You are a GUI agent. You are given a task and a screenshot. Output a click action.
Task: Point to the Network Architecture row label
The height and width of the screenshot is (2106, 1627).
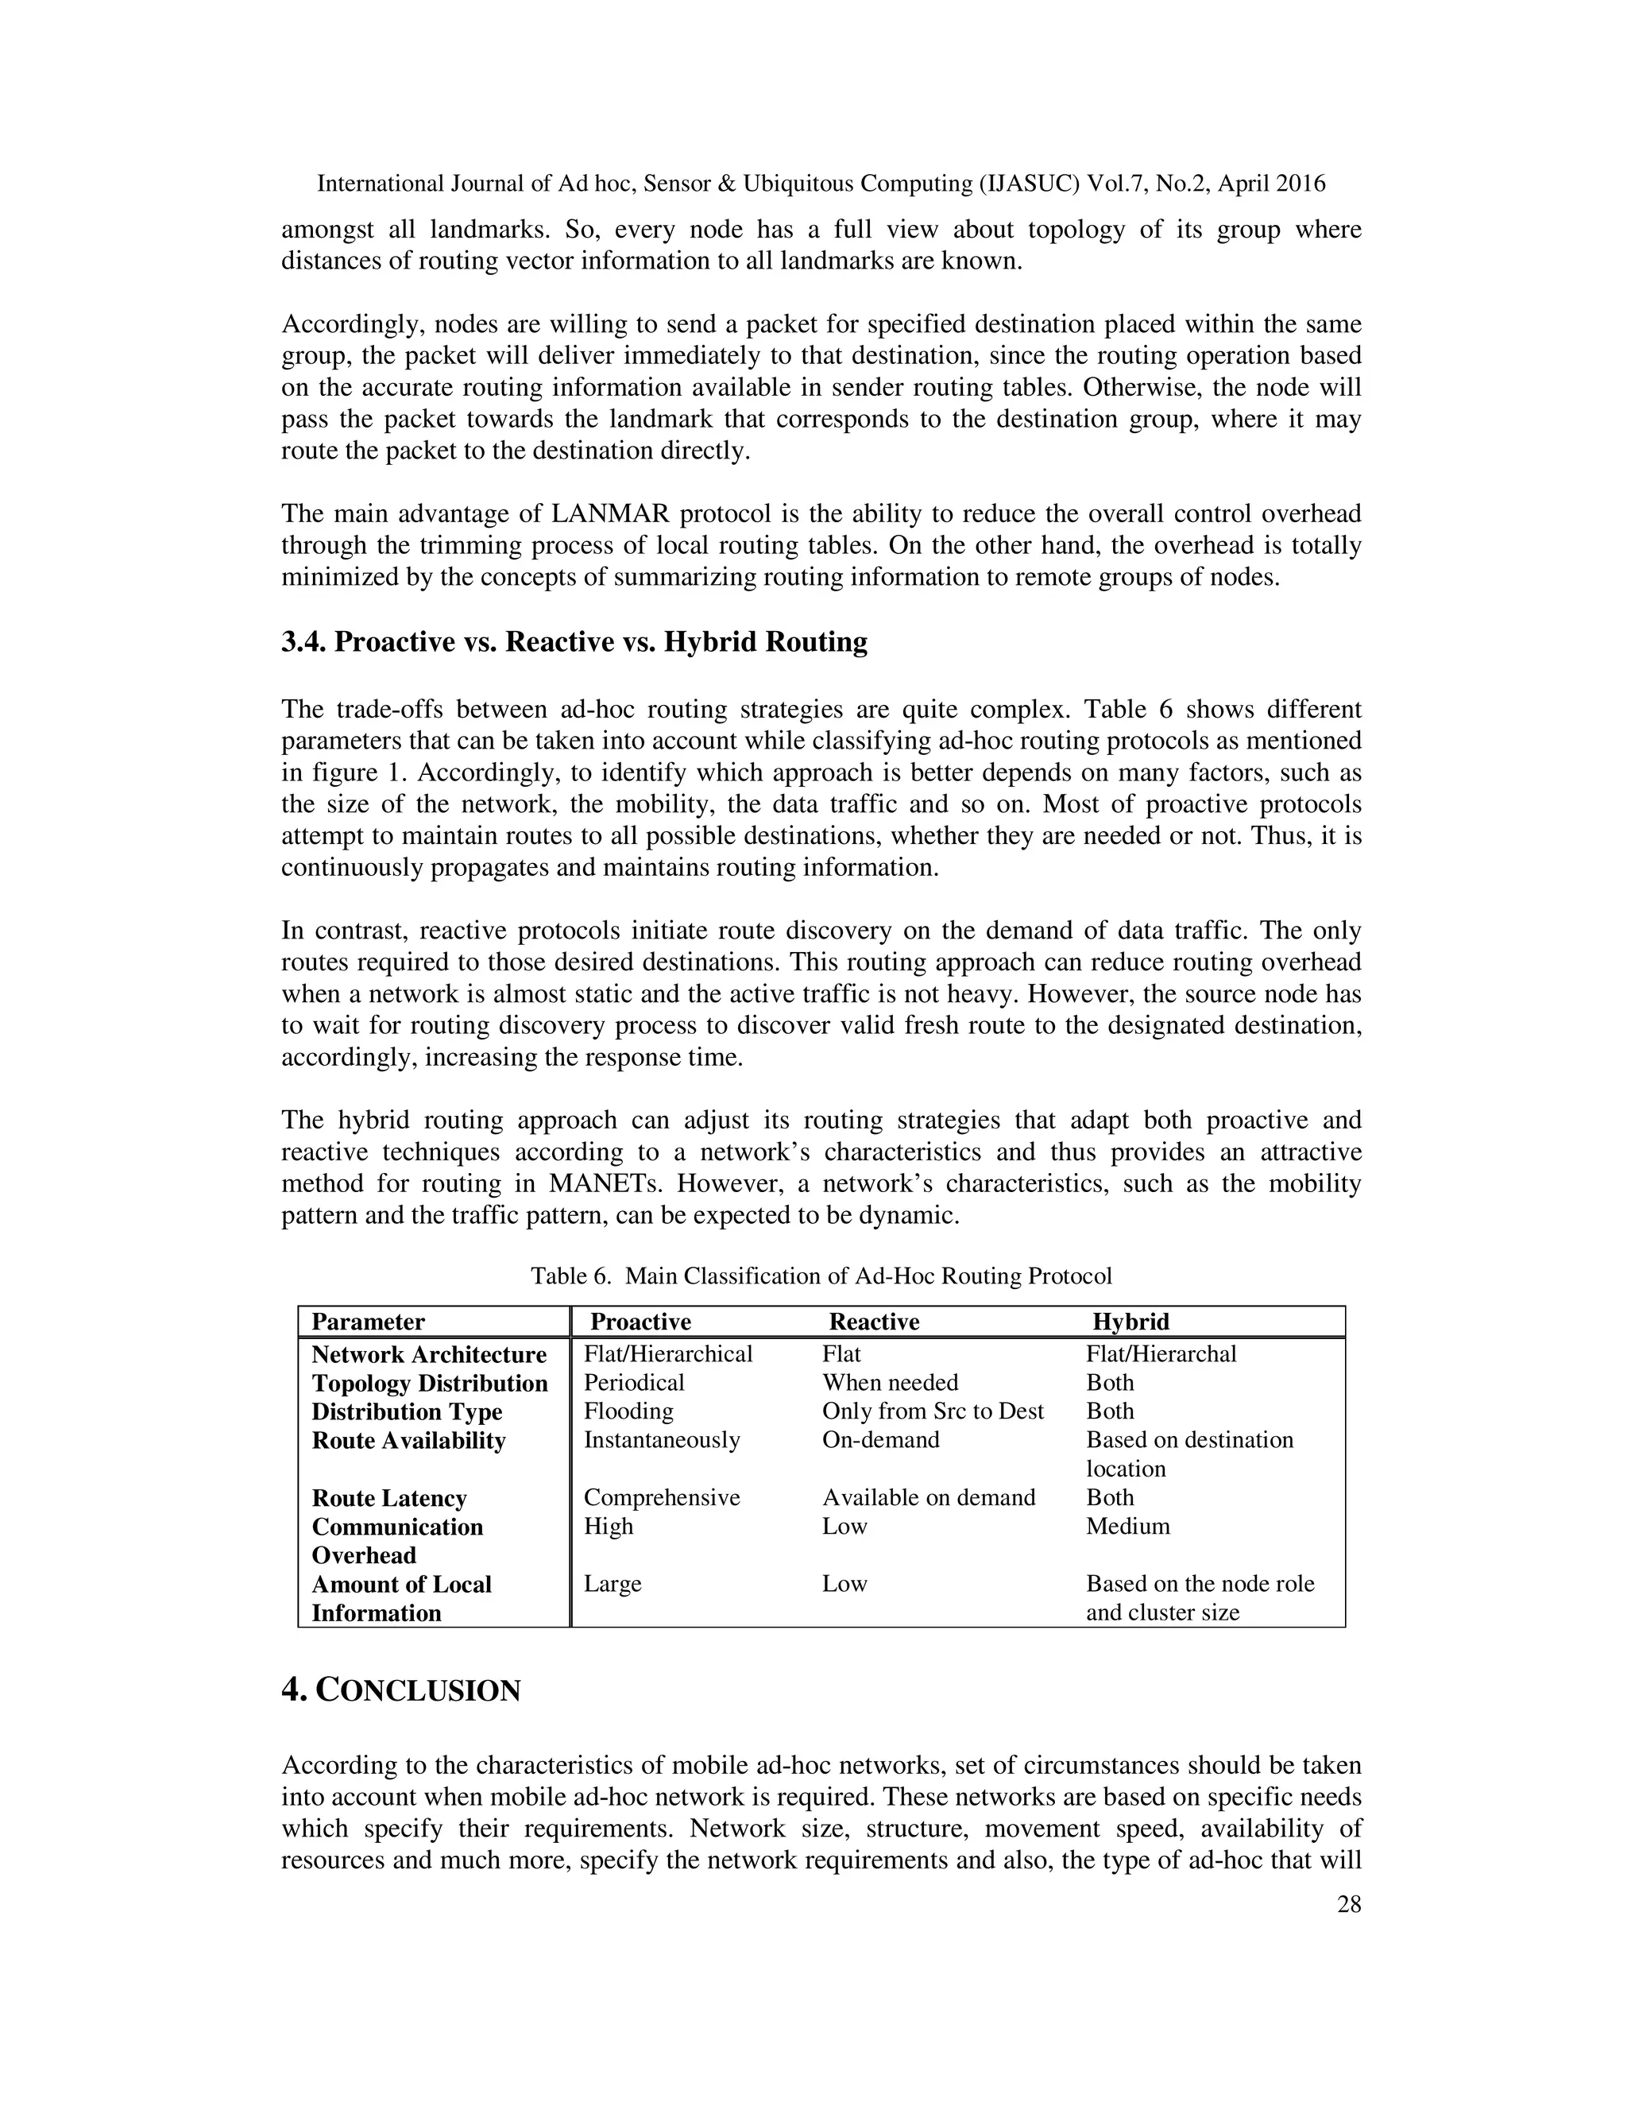pos(429,1355)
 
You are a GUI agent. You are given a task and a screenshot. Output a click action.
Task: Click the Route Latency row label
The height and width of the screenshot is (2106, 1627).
pos(388,1499)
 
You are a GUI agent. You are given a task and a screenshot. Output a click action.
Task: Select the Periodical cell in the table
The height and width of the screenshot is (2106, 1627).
pos(633,1383)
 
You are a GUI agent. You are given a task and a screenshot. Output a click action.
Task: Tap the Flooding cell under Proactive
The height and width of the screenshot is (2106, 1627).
pos(628,1411)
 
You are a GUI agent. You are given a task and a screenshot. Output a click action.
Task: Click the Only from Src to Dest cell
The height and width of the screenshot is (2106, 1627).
pos(932,1411)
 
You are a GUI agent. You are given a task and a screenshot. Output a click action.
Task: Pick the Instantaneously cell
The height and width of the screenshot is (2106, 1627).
pos(661,1441)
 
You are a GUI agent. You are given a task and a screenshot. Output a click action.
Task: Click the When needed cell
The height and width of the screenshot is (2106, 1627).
pos(890,1383)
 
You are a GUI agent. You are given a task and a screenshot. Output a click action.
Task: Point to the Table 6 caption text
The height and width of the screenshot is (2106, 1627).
pos(821,1277)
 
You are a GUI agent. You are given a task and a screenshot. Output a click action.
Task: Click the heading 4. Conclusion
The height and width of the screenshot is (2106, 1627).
pos(400,1690)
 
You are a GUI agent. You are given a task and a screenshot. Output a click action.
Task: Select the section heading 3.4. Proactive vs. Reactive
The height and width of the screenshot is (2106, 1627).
pos(574,642)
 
